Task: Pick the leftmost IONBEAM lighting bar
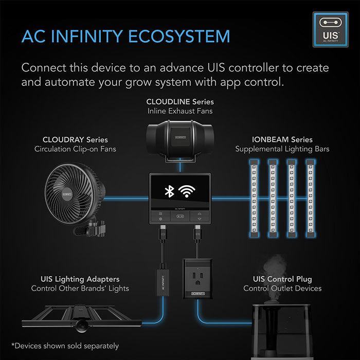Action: click(254, 195)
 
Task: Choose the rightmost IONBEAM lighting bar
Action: click(310, 195)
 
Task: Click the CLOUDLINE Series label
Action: click(179, 101)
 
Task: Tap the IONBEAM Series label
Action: click(282, 139)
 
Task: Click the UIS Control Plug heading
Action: click(282, 279)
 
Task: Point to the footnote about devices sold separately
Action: click(65, 346)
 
